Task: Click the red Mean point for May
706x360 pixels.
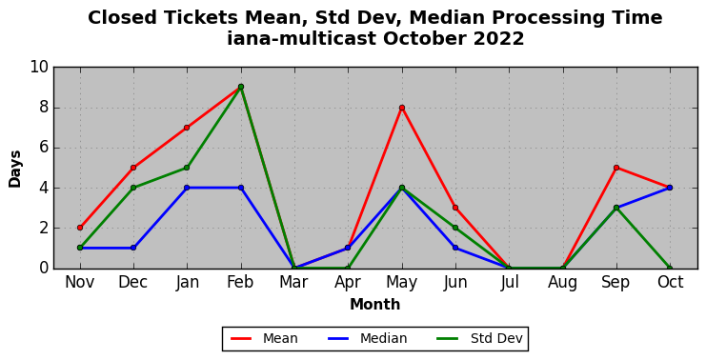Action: click(402, 108)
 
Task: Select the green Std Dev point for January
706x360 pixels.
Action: click(187, 168)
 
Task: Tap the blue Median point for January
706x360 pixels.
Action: click(187, 188)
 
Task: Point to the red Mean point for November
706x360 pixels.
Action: click(80, 228)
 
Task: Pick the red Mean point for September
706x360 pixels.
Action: click(616, 168)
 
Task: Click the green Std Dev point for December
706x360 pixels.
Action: click(133, 188)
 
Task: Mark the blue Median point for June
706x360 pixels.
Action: click(455, 248)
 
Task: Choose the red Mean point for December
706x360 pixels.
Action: click(133, 168)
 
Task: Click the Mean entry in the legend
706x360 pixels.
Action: click(264, 338)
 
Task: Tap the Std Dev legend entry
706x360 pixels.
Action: click(480, 338)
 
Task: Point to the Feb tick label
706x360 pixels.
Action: click(240, 283)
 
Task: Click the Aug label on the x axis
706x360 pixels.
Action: click(563, 283)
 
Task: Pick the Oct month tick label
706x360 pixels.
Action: click(670, 283)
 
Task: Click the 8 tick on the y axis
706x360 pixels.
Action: click(44, 108)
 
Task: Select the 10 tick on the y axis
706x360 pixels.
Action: click(39, 68)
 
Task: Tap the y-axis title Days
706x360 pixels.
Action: click(15, 170)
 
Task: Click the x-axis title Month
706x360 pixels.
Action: click(375, 305)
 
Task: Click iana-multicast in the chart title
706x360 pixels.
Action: click(302, 39)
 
